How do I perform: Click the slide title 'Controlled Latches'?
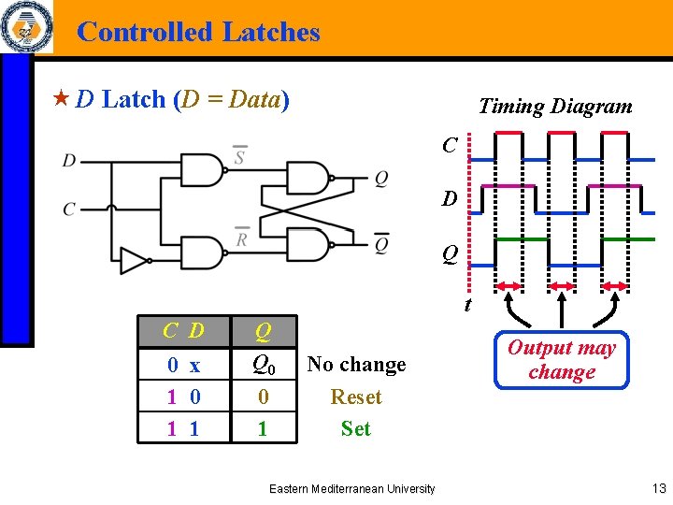click(198, 32)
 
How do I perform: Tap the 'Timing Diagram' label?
click(555, 107)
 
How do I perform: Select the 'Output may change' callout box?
click(562, 360)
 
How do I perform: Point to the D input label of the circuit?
click(70, 161)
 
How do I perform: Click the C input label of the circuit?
click(70, 209)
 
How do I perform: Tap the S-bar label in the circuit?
click(239, 155)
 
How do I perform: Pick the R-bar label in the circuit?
click(241, 238)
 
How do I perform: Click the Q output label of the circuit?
click(381, 179)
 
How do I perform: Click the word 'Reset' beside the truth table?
click(356, 397)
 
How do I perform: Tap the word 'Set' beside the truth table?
click(356, 429)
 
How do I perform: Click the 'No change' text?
click(356, 365)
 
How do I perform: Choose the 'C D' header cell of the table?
click(183, 330)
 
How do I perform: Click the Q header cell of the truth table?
click(264, 330)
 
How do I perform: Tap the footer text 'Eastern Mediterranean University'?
click(351, 488)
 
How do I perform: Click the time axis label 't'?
click(468, 305)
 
